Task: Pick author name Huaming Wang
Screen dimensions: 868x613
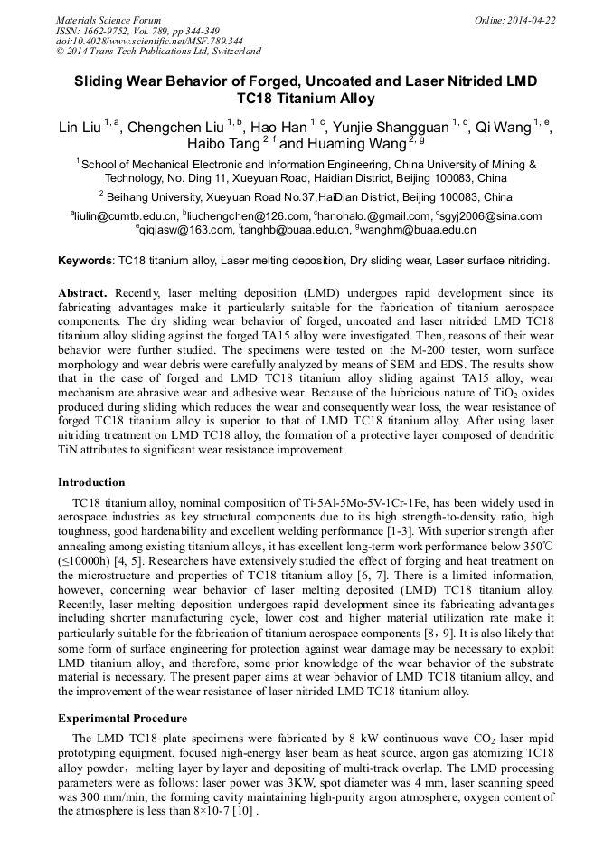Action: (x=355, y=144)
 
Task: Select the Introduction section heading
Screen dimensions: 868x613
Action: (x=91, y=482)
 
